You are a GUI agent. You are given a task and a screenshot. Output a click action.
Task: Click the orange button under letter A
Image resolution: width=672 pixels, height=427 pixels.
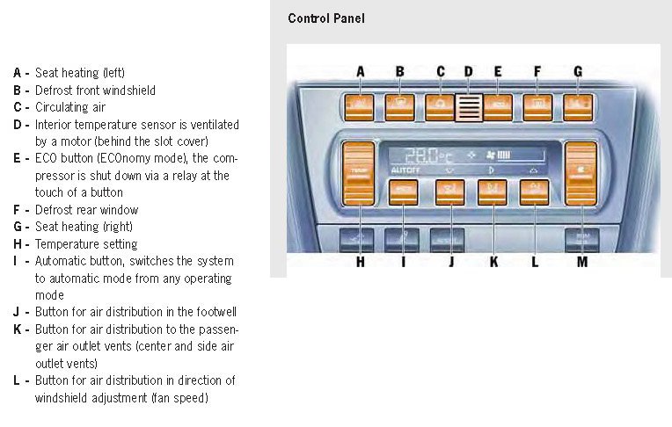361,107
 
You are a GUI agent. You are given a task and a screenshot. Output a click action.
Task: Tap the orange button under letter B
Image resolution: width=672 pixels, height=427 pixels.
401,107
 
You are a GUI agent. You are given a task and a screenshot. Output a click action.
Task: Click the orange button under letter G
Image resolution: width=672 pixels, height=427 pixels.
578,107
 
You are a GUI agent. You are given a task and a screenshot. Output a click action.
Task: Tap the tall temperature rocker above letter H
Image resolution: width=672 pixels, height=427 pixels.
359,186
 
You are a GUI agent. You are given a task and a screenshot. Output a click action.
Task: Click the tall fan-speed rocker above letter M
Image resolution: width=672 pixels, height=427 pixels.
581,186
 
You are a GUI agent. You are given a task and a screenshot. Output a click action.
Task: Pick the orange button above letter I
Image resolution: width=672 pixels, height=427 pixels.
403,192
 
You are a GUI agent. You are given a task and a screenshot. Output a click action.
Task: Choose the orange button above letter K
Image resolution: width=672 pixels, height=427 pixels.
493,192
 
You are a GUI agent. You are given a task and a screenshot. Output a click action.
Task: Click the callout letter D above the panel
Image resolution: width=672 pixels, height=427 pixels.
468,71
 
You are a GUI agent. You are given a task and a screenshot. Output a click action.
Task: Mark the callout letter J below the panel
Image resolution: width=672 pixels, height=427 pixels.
450,261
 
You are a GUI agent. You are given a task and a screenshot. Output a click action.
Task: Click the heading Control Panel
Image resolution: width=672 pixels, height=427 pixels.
325,18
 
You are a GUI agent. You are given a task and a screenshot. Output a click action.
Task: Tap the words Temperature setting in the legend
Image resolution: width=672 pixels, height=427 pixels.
86,244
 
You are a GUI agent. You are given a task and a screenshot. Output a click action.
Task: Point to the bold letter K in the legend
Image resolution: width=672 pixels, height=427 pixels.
17,329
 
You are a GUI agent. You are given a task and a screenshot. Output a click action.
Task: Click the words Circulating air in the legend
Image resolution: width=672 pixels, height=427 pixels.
70,107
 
